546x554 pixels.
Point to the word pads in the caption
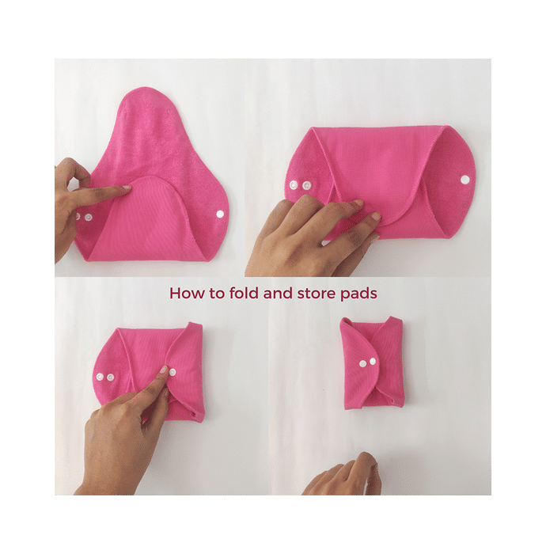(x=358, y=294)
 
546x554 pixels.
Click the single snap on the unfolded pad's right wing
(x=221, y=214)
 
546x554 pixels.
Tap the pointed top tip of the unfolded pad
(x=143, y=88)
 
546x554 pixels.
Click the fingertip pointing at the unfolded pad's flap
(x=126, y=188)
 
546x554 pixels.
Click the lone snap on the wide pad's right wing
(x=464, y=180)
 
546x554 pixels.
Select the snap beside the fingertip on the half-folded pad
(x=173, y=372)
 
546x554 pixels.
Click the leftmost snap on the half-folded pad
(x=100, y=378)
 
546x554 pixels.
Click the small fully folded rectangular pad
(x=372, y=362)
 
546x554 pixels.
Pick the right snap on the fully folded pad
(x=373, y=361)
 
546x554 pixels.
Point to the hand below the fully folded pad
(x=343, y=475)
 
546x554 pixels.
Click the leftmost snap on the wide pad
(x=294, y=184)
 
